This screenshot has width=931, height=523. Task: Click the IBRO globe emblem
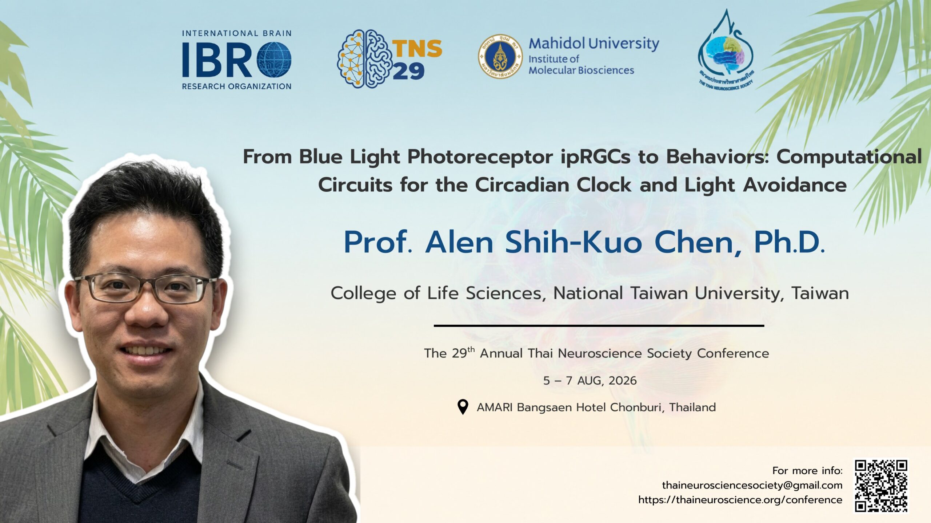(x=274, y=60)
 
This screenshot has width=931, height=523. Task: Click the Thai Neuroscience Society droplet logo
(x=726, y=51)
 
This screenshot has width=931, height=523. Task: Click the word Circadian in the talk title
(x=553, y=185)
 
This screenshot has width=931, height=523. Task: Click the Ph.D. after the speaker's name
(x=789, y=242)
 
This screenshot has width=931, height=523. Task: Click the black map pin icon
(x=462, y=407)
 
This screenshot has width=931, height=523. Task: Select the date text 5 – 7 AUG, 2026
(x=590, y=381)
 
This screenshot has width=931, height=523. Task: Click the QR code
(x=881, y=486)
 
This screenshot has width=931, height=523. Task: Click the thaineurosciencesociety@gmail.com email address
(x=752, y=485)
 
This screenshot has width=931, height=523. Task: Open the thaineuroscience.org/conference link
(x=740, y=500)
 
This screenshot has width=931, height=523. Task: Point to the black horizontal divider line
(x=599, y=326)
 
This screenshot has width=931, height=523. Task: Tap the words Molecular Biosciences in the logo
(x=581, y=70)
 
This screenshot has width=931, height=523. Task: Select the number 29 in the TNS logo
(x=408, y=71)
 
